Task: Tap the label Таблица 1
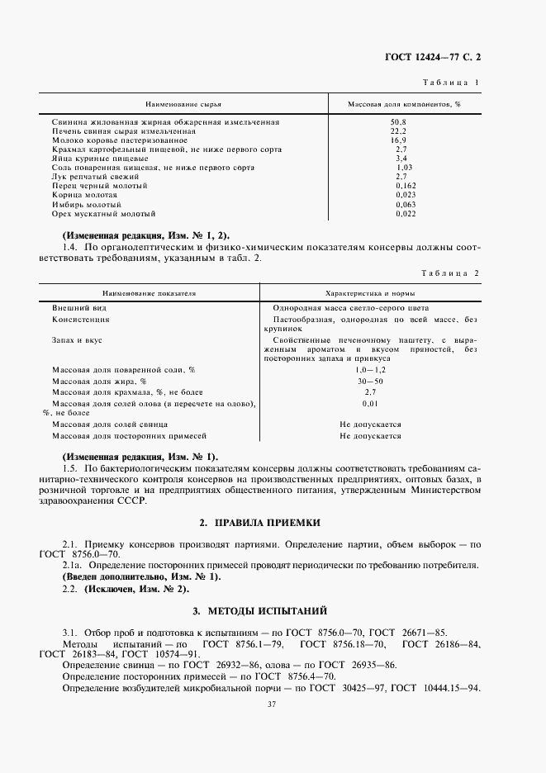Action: tap(452, 83)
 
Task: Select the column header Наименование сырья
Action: tap(183, 107)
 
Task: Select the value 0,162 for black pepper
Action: tap(405, 186)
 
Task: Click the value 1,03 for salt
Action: tap(403, 168)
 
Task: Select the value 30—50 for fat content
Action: tap(370, 382)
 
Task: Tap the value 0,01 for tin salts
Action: tap(370, 404)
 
